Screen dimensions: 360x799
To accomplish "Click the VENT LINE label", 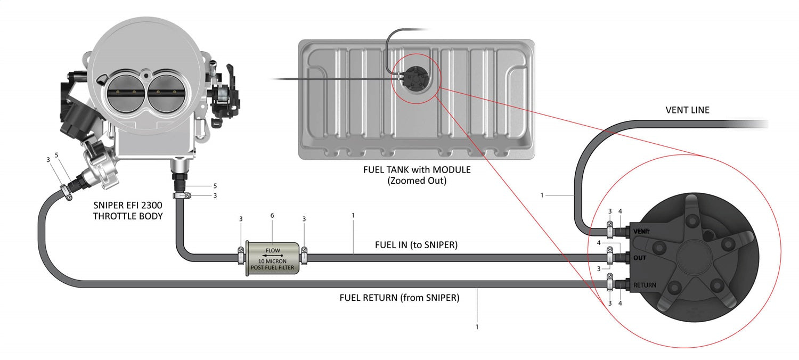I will tap(687, 110).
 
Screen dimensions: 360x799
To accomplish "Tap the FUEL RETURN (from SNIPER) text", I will tap(399, 298).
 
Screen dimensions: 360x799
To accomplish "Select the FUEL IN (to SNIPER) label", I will tap(416, 245).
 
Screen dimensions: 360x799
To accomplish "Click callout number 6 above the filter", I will tap(272, 216).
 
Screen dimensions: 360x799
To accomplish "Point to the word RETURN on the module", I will tap(645, 285).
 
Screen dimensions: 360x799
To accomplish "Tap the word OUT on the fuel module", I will tap(640, 258).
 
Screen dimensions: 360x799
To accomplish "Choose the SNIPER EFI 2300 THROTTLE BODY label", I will tap(128, 210).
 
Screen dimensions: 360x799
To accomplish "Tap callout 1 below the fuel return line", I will tap(477, 327).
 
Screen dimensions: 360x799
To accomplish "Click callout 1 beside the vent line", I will tap(542, 195).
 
